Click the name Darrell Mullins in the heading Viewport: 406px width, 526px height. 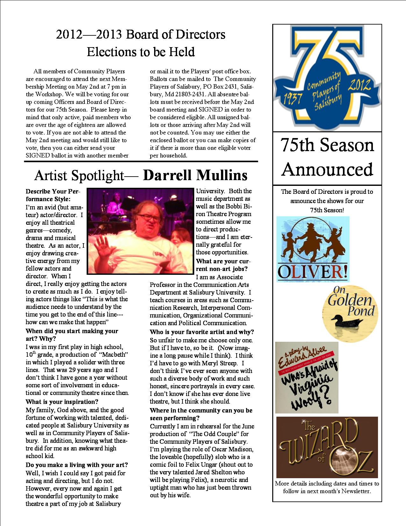[195, 175]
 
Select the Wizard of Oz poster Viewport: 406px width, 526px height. [327, 447]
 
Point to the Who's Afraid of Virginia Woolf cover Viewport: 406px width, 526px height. [306, 377]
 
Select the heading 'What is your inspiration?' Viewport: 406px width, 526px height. [62, 402]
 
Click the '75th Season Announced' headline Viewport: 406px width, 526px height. [327, 157]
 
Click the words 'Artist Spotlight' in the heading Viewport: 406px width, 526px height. [79, 175]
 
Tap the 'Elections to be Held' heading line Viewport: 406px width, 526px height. [141, 52]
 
